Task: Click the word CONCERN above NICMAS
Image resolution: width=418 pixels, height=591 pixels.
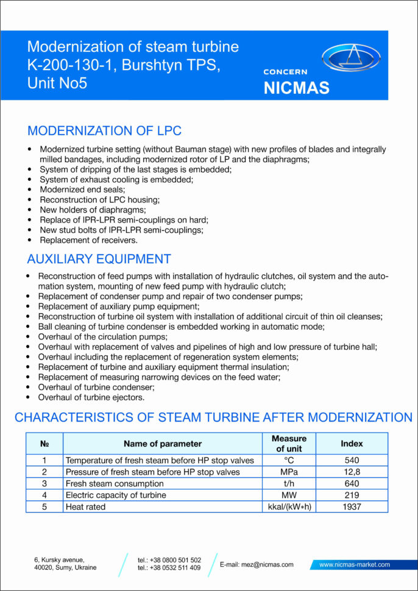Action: click(x=285, y=72)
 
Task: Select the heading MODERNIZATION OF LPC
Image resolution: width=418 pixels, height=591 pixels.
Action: click(x=104, y=131)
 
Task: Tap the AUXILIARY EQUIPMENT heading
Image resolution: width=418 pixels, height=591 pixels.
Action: click(x=99, y=259)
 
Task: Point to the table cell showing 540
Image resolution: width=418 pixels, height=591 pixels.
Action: click(x=352, y=461)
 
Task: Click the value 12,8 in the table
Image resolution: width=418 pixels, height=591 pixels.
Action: click(x=352, y=472)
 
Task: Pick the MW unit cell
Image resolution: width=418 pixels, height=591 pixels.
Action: click(x=289, y=495)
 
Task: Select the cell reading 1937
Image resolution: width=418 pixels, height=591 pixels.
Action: click(x=352, y=506)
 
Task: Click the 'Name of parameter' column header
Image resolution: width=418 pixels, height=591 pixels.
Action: click(x=162, y=444)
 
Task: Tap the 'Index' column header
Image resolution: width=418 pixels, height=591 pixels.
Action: click(x=352, y=444)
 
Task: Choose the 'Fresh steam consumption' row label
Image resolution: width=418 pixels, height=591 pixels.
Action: click(x=115, y=484)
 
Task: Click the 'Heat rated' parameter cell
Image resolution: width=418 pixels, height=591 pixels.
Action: click(x=85, y=506)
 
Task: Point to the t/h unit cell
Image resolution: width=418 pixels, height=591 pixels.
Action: click(x=289, y=484)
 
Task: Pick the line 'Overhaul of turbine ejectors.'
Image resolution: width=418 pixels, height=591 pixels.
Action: click(x=91, y=397)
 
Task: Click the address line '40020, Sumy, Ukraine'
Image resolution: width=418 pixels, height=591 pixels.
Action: click(x=65, y=568)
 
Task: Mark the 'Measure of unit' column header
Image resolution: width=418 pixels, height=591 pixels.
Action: click(x=289, y=444)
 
